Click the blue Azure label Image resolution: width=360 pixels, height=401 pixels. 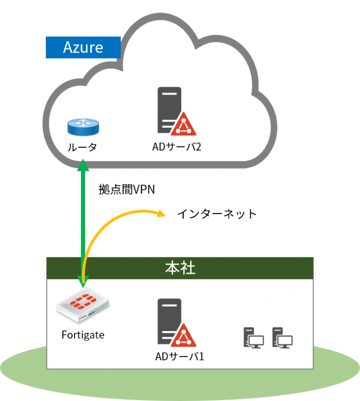point(83,47)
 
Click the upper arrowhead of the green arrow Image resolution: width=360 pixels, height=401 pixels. point(83,164)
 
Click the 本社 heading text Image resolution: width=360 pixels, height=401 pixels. point(180,268)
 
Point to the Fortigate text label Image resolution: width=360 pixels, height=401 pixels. point(83,335)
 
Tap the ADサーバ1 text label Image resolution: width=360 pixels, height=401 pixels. point(180,357)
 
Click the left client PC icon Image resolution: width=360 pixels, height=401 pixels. point(254,338)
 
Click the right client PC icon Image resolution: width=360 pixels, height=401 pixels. point(283,338)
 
